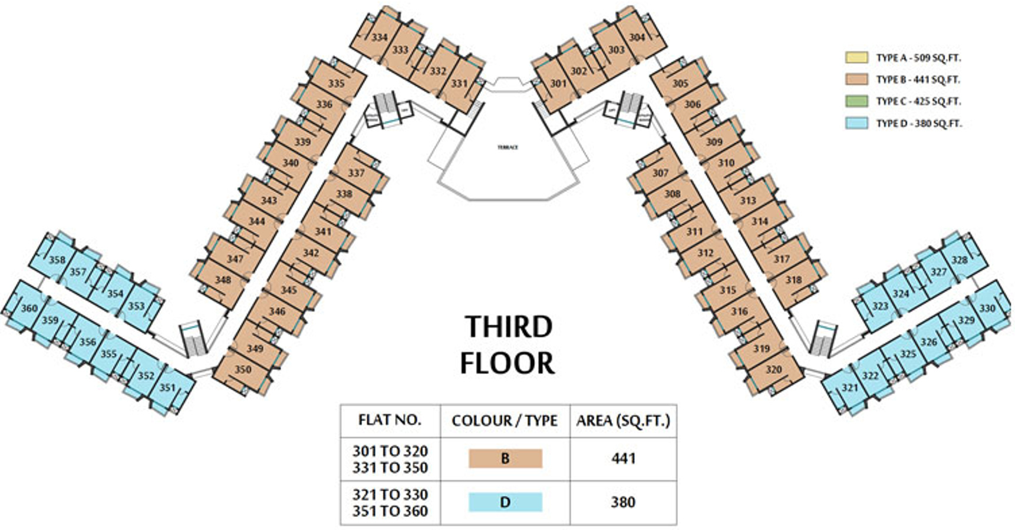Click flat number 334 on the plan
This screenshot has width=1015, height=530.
[x=380, y=37]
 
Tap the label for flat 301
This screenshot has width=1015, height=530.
[x=558, y=84]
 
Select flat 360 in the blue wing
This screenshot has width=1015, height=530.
[x=29, y=308]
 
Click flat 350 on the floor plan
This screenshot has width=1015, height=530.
[x=243, y=370]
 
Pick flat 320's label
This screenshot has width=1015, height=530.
[x=773, y=370]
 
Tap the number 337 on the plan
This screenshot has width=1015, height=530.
[x=356, y=173]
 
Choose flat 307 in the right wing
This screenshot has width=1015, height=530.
[x=660, y=173]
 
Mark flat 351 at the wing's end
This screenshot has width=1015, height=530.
[x=167, y=387]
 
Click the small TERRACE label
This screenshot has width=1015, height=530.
[x=508, y=147]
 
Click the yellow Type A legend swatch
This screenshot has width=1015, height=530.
[x=856, y=58]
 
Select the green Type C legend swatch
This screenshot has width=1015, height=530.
[x=856, y=101]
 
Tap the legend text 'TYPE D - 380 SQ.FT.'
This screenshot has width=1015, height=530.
[x=918, y=124]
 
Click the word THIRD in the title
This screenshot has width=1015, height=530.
[x=508, y=327]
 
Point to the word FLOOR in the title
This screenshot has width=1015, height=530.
[x=507, y=363]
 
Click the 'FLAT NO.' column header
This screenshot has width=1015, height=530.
[x=390, y=420]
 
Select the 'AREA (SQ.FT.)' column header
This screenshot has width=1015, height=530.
[x=623, y=421]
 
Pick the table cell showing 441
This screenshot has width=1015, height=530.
[x=623, y=458]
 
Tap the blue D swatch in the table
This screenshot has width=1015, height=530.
[x=505, y=502]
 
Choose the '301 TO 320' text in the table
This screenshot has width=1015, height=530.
[x=390, y=451]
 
